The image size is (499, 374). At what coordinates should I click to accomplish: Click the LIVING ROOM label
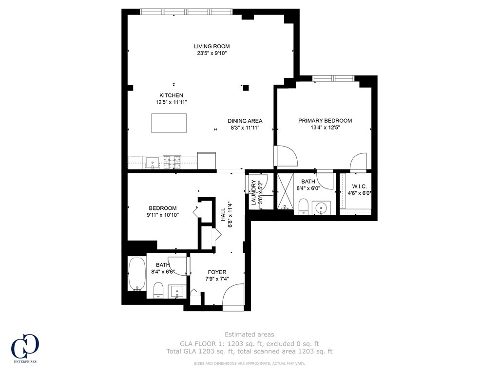pos(211,47)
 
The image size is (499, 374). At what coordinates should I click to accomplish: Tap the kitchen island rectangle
pos(169,123)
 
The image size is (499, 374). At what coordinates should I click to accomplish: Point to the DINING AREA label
pos(245,121)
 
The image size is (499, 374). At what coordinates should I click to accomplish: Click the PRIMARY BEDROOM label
pos(325,121)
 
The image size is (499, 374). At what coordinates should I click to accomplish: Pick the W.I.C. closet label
pos(359,186)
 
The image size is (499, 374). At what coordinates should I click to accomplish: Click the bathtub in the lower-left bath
pos(136,274)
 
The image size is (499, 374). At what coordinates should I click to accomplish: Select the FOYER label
pos(217,272)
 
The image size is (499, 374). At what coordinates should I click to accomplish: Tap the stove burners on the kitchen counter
pos(172,162)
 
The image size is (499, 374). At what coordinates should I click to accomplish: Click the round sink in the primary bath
pos(321,208)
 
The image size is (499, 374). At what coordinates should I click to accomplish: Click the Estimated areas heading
pos(249,335)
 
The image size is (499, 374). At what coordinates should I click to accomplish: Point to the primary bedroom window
pos(333,78)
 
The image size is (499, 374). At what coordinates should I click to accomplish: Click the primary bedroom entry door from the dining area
pos(287,156)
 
